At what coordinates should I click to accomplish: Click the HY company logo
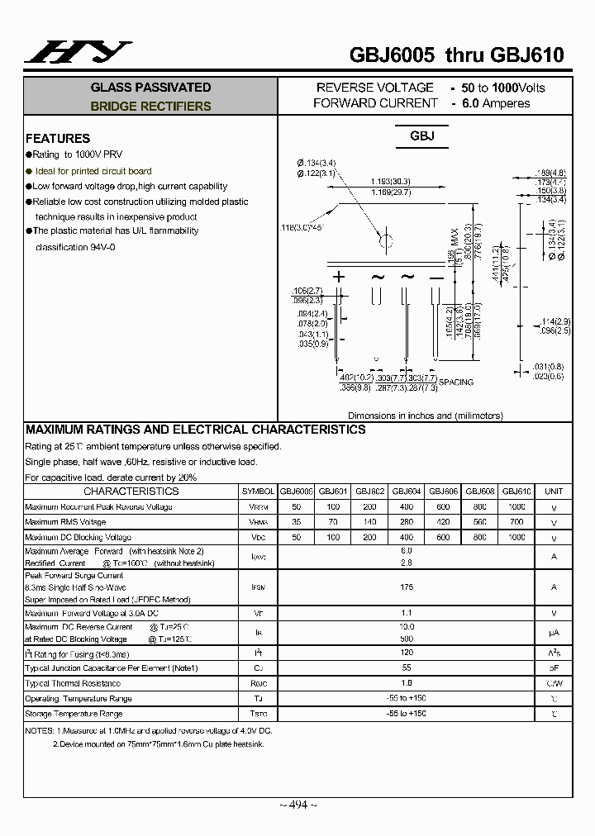[x=78, y=52]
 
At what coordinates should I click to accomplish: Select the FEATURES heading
[x=58, y=138]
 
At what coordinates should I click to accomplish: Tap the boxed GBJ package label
[x=422, y=136]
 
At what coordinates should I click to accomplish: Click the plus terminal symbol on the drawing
[x=338, y=278]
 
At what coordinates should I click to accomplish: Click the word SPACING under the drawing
[x=456, y=382]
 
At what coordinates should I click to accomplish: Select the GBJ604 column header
[x=407, y=491]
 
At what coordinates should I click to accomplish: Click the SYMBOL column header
[x=258, y=491]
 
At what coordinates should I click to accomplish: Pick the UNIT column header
[x=554, y=491]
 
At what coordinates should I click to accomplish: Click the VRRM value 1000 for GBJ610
[x=516, y=506]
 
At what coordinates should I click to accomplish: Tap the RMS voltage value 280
[x=407, y=522]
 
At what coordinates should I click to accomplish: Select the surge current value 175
[x=406, y=587]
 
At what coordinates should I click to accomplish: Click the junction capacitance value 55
[x=406, y=667]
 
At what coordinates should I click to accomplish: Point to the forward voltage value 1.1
[x=406, y=613]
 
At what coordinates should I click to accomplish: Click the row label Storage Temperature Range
[x=74, y=714]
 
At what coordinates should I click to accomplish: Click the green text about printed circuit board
[x=93, y=171]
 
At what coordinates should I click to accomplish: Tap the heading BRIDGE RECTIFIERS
[x=150, y=106]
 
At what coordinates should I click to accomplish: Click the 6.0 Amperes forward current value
[x=496, y=103]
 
